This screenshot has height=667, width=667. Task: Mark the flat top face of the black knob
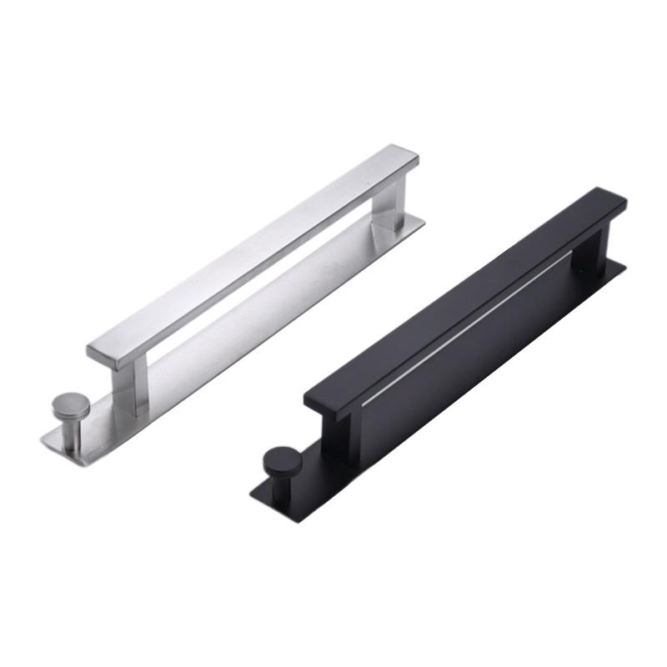tap(282, 458)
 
